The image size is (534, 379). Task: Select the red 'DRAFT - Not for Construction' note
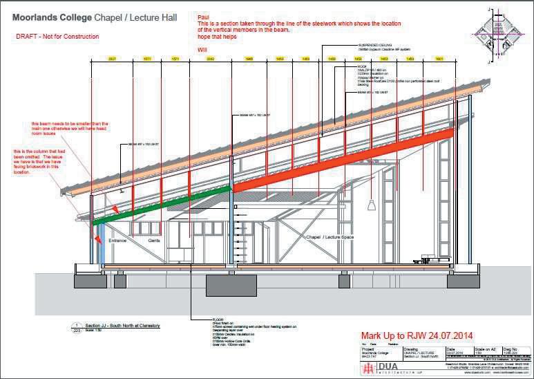pos(57,37)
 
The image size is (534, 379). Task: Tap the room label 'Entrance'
pos(120,241)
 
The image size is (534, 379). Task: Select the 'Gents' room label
pos(155,241)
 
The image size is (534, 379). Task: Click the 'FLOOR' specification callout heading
pos(218,320)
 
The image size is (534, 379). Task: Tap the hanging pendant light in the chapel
pos(372,205)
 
